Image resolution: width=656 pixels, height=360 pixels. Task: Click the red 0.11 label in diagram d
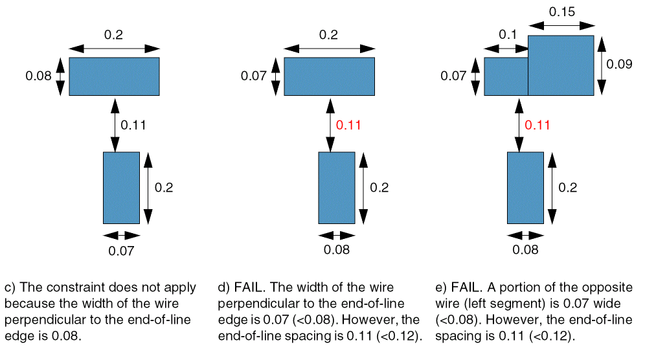click(x=348, y=125)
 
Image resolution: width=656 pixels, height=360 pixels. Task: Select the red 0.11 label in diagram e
click(x=537, y=125)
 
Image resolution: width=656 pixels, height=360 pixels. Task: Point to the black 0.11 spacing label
click(x=133, y=125)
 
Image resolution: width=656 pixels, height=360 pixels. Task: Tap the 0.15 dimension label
click(x=561, y=12)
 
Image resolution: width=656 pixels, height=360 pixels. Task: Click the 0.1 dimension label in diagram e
click(x=506, y=35)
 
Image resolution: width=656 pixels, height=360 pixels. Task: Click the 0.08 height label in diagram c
click(x=38, y=76)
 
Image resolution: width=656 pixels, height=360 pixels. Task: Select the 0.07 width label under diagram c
click(x=121, y=251)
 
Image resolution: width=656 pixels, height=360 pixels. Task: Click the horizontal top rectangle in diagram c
click(x=114, y=76)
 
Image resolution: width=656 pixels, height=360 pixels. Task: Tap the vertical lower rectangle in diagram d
click(x=336, y=187)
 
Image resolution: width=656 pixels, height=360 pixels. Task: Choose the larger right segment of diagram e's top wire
click(x=561, y=65)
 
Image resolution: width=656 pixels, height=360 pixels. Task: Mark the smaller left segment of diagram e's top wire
click(x=506, y=76)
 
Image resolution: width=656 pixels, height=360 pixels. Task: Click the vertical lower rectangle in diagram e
click(x=525, y=187)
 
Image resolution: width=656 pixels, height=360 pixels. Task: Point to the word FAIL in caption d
click(x=248, y=287)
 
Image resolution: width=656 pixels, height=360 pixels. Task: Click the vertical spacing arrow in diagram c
click(x=115, y=124)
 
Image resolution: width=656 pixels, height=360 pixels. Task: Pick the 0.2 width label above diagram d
click(x=328, y=35)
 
